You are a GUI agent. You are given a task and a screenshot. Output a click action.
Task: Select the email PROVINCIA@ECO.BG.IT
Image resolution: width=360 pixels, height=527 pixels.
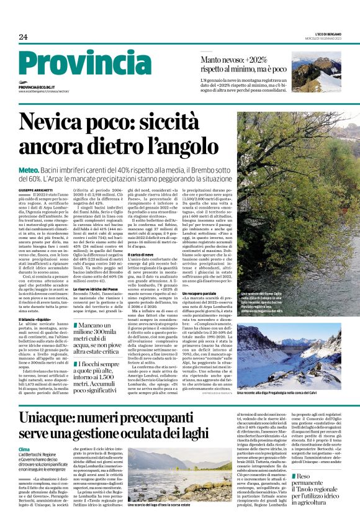(37, 88)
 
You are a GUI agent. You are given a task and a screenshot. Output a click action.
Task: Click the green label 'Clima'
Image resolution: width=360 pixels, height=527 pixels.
(24, 449)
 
